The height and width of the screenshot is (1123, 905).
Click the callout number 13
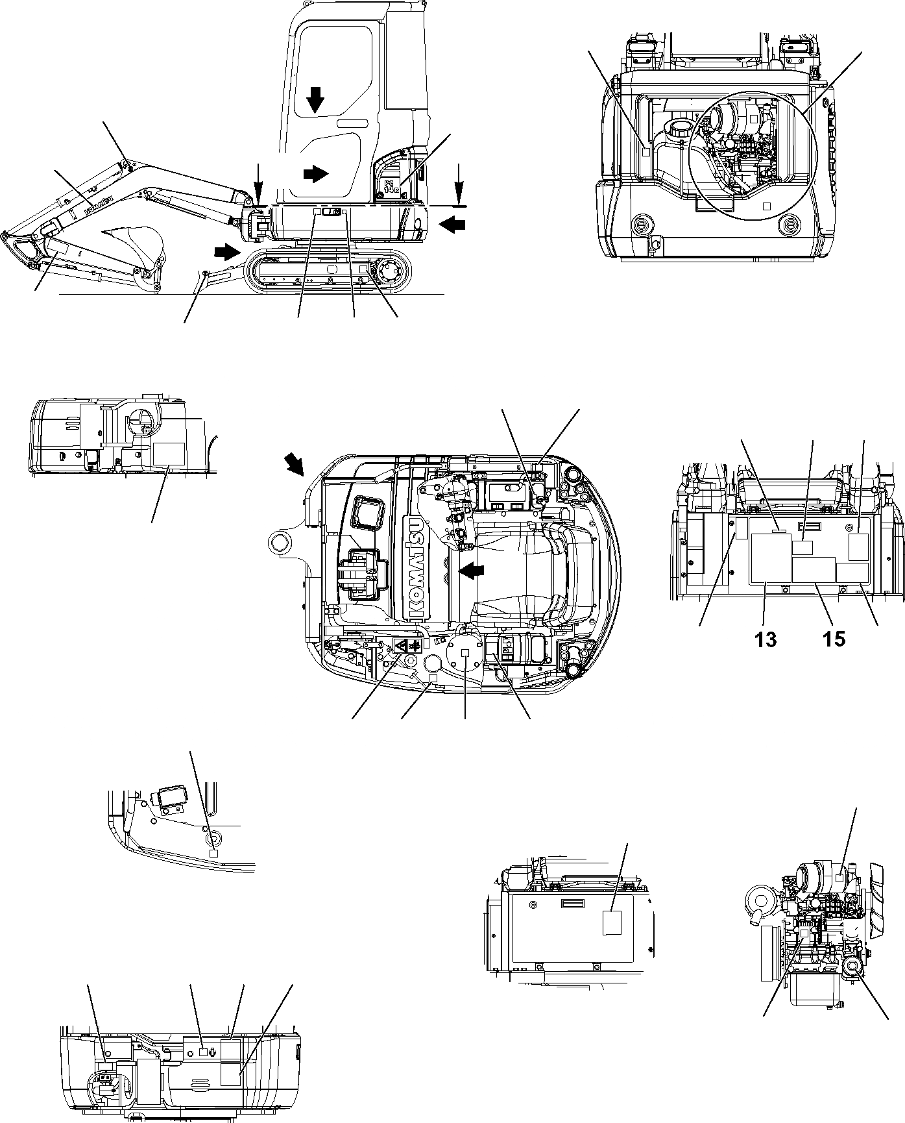coord(766,639)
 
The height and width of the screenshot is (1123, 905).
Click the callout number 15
coord(835,639)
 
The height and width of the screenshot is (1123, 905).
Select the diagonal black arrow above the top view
coord(295,465)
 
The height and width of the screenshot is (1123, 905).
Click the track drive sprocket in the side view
coord(392,273)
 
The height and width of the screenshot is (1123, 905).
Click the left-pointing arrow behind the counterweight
coord(452,225)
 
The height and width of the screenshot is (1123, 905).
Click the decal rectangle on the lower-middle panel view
coord(612,922)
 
